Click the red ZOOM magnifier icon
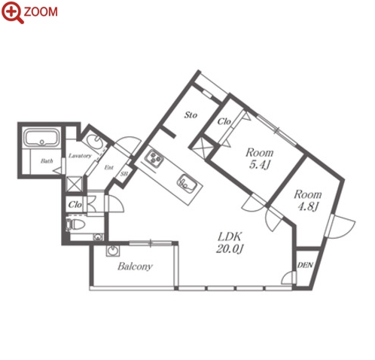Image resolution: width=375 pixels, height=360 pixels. tap(13, 12)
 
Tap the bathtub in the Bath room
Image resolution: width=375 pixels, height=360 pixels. tap(41, 138)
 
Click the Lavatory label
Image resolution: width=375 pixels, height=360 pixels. tap(80, 156)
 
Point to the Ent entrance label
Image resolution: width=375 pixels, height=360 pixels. tap(108, 167)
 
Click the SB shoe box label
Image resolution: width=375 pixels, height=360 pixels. tap(124, 173)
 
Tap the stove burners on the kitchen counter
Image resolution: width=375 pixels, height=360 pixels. tap(154, 158)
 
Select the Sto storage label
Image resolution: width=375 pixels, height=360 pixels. tap(191, 115)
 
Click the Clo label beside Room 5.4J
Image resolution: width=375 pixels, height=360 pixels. tap(224, 122)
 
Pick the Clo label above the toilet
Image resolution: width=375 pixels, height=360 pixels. tap(75, 205)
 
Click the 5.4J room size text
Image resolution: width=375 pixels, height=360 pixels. tap(259, 165)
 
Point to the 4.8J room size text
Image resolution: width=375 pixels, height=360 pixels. tap(308, 207)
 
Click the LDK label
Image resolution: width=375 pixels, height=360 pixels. tap(230, 236)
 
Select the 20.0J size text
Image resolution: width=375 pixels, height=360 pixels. tap(230, 249)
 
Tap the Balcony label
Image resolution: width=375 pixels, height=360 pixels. tap(135, 266)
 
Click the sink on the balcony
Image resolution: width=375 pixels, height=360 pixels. tap(113, 251)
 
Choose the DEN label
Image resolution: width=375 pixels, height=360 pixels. tap(305, 265)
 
